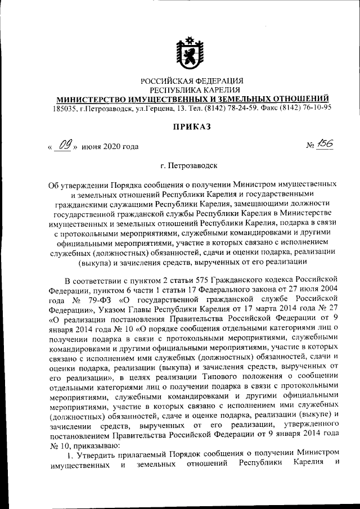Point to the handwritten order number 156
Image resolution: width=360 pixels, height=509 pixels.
[x=325, y=145]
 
